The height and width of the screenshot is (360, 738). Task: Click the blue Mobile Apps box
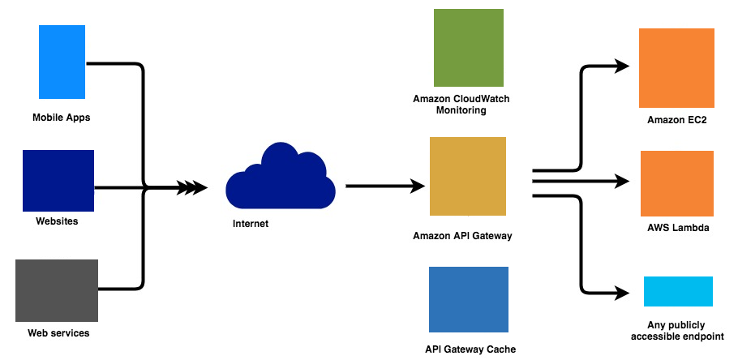coord(62,62)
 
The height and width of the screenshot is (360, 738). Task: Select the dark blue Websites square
coord(58,180)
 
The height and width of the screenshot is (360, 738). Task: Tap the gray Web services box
coord(57,290)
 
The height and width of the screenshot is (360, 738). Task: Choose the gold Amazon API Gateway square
coord(468,176)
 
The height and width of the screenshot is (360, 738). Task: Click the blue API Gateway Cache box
coord(468,298)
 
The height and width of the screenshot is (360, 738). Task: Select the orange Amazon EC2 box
coord(676,67)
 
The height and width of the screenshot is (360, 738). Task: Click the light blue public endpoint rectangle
coord(678,291)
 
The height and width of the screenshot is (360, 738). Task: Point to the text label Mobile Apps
coord(61,118)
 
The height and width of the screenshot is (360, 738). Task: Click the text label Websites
coord(57,221)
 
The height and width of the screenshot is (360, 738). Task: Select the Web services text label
coord(58,333)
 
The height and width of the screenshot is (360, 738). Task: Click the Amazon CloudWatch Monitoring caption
coord(461,105)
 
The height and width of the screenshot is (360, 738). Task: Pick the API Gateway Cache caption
coord(470,349)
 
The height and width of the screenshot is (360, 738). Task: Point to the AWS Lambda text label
coord(678,228)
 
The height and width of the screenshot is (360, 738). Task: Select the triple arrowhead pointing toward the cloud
coord(191,188)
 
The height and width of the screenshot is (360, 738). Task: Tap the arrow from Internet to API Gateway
coord(385,186)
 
